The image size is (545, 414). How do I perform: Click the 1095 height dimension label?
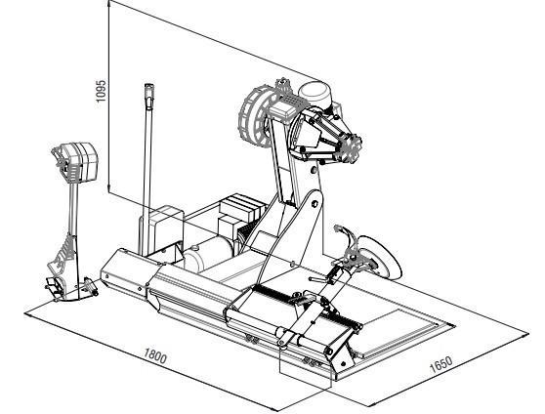point(101,92)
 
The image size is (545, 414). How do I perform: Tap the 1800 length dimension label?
point(155,355)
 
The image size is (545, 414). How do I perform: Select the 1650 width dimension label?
point(441,364)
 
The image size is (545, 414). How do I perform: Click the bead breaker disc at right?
point(381,257)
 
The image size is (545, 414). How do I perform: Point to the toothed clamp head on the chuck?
point(350,147)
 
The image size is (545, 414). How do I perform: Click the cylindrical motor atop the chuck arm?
point(314,93)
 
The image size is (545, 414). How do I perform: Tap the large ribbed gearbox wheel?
point(256,116)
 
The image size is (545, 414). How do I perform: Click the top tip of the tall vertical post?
point(148,85)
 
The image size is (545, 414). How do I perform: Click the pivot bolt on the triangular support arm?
point(314,203)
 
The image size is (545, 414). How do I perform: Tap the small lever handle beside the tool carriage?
point(318,278)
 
